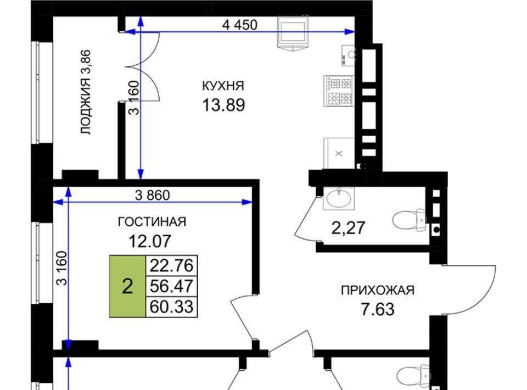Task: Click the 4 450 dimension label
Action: [x=240, y=25]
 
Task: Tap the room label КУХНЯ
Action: [x=223, y=86]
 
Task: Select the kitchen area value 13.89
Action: [x=223, y=105]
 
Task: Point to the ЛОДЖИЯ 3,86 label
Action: [x=86, y=92]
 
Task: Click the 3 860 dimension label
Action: [x=152, y=195]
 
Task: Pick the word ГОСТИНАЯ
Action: [x=152, y=222]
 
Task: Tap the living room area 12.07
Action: [x=150, y=241]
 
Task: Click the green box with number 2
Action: [x=128, y=286]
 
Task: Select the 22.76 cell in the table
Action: [x=171, y=266]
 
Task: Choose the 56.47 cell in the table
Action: [x=171, y=286]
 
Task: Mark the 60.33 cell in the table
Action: [x=171, y=307]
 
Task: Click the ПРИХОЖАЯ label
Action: [x=378, y=290]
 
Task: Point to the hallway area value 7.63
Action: [x=378, y=309]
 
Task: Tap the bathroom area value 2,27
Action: [x=348, y=228]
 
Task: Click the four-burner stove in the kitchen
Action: [x=339, y=91]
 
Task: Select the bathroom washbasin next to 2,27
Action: [x=339, y=198]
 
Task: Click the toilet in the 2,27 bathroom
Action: [x=410, y=220]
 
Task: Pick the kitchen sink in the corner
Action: [x=348, y=55]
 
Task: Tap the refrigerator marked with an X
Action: [x=339, y=153]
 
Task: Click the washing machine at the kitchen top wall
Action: [x=293, y=33]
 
